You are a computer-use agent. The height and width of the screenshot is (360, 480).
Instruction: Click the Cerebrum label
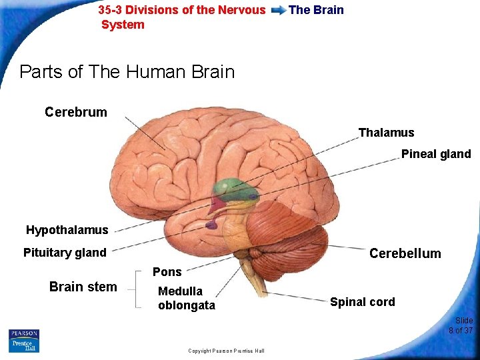[x=75, y=112]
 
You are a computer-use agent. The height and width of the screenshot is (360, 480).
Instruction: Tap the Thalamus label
[x=386, y=133]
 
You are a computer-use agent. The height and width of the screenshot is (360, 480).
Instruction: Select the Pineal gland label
[x=435, y=154]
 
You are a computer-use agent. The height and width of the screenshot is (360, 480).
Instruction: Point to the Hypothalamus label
[x=67, y=230]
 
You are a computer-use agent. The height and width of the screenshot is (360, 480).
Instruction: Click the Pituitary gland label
[x=65, y=253]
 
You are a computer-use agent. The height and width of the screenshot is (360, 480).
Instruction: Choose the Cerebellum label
[x=405, y=253]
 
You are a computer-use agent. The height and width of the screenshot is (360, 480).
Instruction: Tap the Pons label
[x=167, y=271]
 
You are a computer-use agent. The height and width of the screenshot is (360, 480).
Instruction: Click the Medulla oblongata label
[x=186, y=298]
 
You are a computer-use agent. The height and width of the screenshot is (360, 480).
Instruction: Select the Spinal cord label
[x=362, y=302]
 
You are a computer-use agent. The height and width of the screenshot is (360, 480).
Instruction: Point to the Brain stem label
[x=83, y=287]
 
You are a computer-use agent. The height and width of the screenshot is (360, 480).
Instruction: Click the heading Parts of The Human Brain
[x=127, y=71]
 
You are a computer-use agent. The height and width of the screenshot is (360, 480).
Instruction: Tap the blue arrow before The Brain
[x=279, y=10]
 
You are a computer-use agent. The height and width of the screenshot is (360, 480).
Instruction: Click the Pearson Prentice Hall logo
[x=24, y=341]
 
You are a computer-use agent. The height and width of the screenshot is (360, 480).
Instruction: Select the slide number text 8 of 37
[x=460, y=330]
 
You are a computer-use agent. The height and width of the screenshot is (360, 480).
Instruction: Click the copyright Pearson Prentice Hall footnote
[x=226, y=351]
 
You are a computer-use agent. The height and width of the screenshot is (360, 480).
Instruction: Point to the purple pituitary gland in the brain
[x=211, y=225]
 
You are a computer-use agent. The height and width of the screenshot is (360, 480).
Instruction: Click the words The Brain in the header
[x=316, y=10]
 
